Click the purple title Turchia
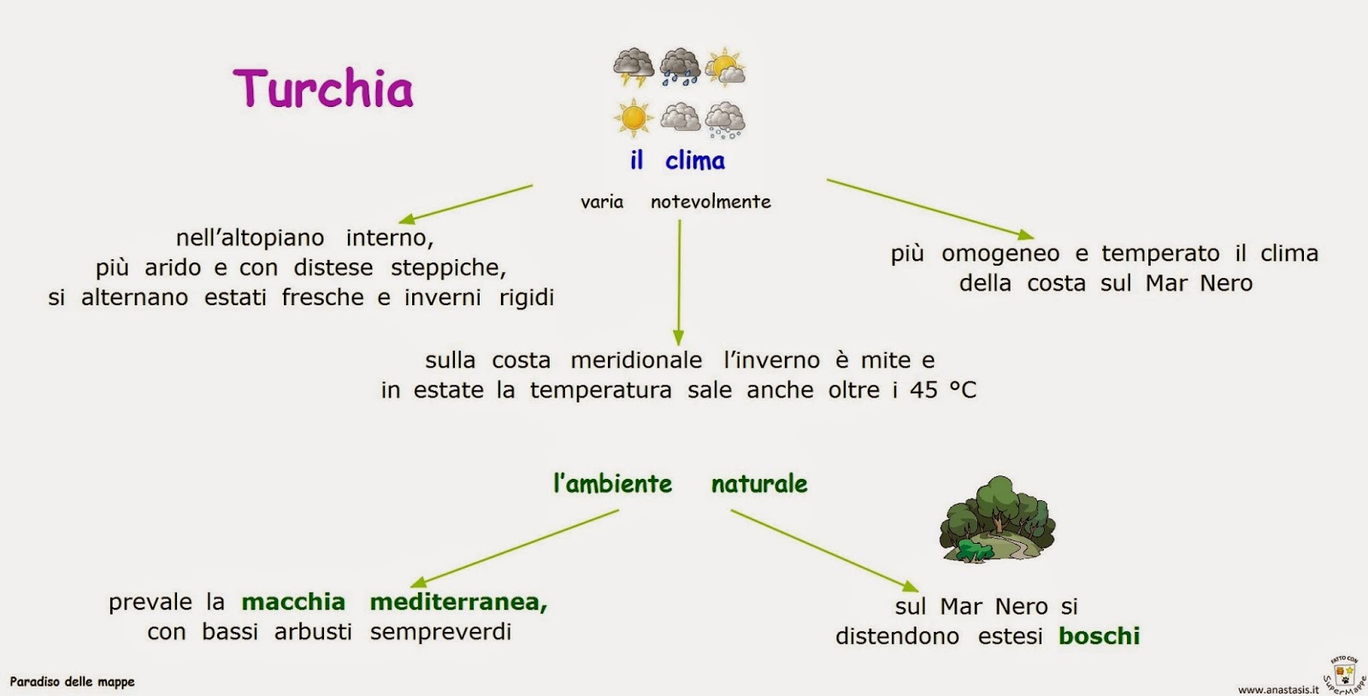323,89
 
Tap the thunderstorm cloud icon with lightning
634,68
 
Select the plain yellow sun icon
634,118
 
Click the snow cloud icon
725,120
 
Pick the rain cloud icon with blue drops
680,67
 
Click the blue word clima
694,161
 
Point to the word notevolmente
711,202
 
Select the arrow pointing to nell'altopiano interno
465,204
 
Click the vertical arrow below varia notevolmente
679,282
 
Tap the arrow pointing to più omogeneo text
930,209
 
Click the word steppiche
448,268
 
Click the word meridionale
636,360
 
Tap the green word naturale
759,484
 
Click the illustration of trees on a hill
997,520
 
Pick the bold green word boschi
1099,636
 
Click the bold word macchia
293,602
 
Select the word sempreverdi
440,632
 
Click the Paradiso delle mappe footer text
72,681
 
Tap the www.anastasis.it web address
1277,689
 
